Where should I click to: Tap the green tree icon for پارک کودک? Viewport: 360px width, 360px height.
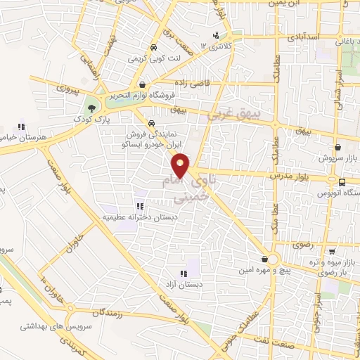[91, 108]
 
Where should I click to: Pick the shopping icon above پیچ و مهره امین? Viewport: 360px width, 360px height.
[264, 258]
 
